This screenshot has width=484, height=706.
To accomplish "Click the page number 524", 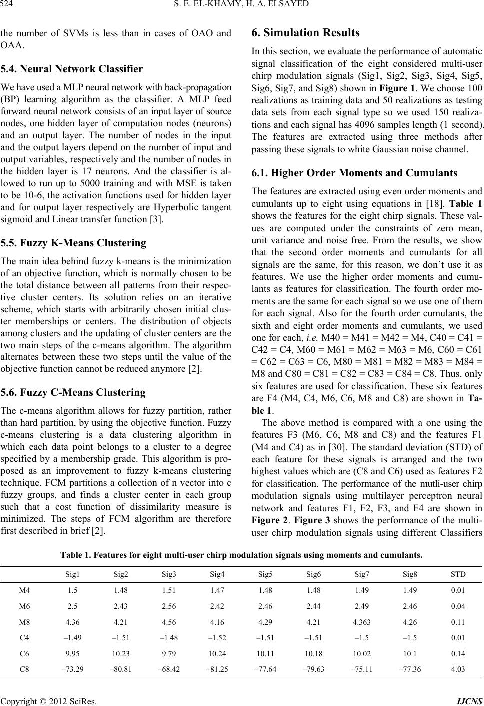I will (8, 6).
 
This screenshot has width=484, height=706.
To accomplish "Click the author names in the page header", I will (242, 6).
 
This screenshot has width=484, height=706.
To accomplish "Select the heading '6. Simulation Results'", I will (305, 33).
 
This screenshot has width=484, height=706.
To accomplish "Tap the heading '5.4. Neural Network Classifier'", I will (72, 69).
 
